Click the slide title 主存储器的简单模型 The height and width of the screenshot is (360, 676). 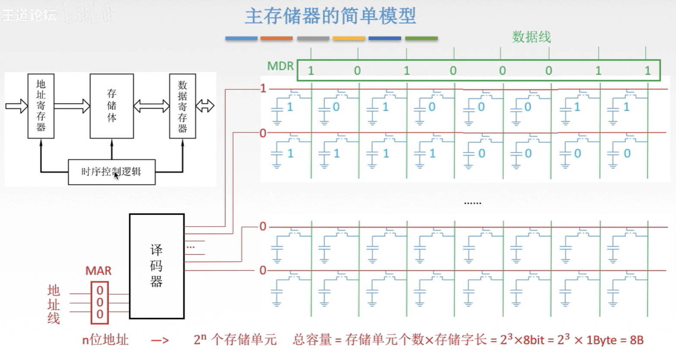tap(330, 16)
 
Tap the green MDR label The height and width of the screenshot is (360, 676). tap(280, 66)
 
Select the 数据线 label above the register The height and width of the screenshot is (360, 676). tap(531, 37)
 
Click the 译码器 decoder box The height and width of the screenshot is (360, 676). tap(157, 266)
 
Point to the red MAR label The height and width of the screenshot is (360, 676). tap(98, 271)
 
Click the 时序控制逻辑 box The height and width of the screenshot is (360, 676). tap(111, 172)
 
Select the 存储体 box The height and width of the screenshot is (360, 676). tap(111, 106)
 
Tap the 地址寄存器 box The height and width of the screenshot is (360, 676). tap(41, 106)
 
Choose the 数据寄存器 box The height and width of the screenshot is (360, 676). tap(182, 106)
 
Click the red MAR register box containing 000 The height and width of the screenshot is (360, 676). tap(100, 302)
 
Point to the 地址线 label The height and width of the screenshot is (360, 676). tap(53, 304)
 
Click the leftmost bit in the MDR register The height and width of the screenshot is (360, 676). tap(311, 70)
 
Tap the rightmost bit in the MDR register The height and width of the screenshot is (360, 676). tap(647, 70)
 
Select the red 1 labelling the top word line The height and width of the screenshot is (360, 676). tap(263, 88)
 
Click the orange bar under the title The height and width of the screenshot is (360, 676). tap(277, 38)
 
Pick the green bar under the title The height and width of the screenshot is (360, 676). tap(421, 38)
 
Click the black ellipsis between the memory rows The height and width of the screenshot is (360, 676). tap(472, 202)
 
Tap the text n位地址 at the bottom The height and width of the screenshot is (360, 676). tap(105, 340)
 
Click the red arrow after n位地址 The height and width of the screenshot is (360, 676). tap(160, 341)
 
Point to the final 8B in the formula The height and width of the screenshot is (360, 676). tap(636, 340)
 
